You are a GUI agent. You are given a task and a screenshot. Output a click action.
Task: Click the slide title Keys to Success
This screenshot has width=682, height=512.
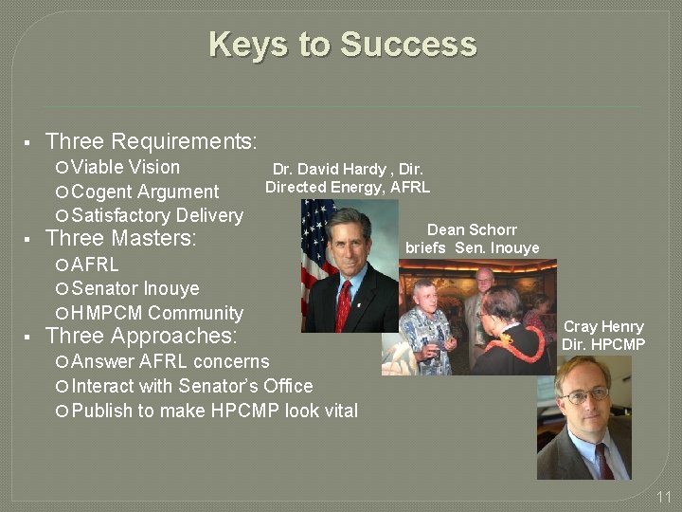[342, 45]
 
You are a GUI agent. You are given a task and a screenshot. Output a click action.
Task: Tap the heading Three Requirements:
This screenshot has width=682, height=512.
[151, 142]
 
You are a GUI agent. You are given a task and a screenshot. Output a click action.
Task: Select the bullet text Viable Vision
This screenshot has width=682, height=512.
[125, 168]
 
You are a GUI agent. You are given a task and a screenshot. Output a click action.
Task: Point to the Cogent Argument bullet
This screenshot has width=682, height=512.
[144, 192]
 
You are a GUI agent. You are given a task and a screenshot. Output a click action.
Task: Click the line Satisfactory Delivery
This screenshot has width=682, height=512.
[156, 216]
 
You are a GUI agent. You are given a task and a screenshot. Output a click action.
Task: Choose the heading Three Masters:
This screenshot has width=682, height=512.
[120, 239]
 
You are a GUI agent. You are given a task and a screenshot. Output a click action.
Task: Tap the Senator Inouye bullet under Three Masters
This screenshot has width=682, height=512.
[135, 288]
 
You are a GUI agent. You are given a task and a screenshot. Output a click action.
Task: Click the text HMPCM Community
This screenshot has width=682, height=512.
[156, 313]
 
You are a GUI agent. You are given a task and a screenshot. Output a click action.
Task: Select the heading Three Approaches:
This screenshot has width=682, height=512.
[141, 336]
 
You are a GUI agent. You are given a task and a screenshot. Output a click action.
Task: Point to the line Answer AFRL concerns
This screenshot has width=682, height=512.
[170, 361]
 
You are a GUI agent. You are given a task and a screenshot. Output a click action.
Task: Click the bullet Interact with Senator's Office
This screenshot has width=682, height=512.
[191, 386]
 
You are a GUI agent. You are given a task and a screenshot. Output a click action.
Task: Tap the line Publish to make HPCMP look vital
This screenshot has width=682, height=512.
[214, 411]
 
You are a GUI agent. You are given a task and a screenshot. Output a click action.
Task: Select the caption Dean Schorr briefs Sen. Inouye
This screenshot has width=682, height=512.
[472, 239]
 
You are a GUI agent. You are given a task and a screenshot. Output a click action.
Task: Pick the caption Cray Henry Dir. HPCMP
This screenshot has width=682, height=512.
[603, 335]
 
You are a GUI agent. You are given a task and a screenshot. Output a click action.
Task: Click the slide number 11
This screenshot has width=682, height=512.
[663, 497]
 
